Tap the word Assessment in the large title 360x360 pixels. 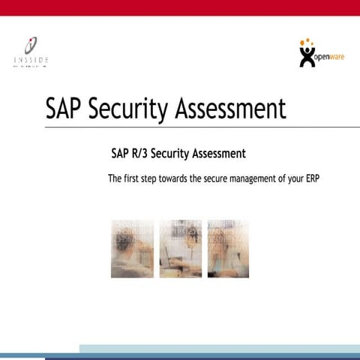[230, 108]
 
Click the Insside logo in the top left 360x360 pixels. [31, 52]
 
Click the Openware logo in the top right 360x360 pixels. [321, 53]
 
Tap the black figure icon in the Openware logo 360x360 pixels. [307, 56]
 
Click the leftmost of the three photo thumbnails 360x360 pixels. [132, 248]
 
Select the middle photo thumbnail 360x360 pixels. [180, 248]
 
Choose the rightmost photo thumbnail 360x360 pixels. [228, 248]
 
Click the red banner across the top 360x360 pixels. [180, 7]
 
